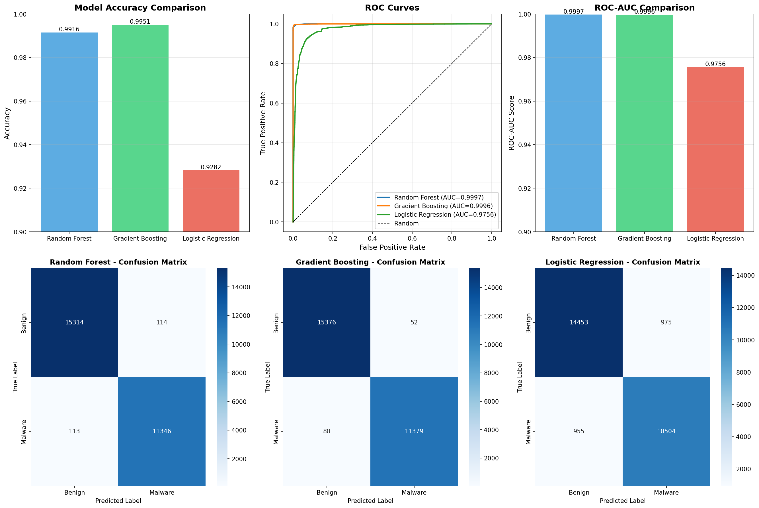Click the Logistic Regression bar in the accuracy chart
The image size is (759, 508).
211,201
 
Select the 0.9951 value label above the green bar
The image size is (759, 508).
140,22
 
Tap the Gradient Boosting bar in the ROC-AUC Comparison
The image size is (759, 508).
644,123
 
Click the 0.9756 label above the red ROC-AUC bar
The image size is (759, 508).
715,64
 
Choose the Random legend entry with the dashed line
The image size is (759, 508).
406,223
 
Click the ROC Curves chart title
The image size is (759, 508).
392,8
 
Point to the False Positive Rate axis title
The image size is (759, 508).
392,247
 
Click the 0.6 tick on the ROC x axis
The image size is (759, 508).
412,238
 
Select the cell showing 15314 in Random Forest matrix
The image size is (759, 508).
74,322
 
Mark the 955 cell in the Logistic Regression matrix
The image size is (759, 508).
579,431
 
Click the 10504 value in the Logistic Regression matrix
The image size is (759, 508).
666,431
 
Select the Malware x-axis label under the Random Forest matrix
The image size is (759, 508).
162,492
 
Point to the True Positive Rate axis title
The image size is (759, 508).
263,123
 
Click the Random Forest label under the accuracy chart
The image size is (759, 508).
69,238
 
